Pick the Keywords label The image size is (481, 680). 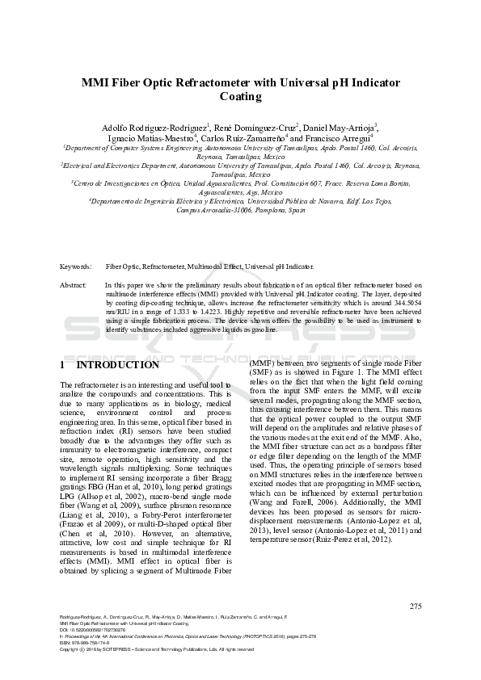click(75, 266)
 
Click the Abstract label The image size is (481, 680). click(74, 286)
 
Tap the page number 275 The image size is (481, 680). click(416, 606)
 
